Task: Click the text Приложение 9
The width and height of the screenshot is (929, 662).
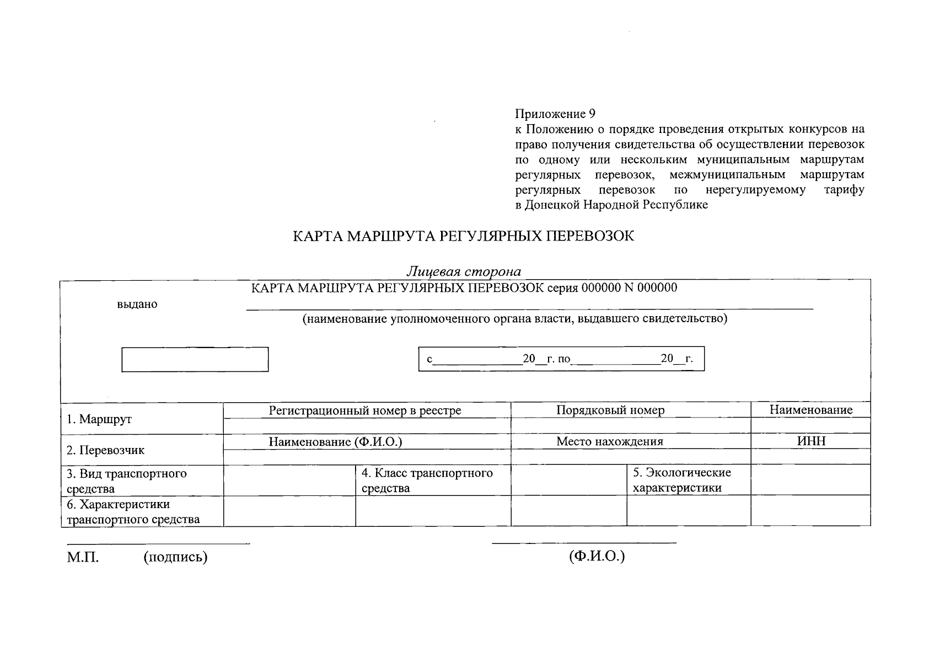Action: [x=555, y=114]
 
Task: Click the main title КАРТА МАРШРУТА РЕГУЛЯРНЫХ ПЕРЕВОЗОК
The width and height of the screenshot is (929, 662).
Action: [x=463, y=236]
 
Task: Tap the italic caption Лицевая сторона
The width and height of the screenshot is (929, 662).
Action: [x=464, y=271]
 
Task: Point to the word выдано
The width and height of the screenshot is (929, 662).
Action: [x=137, y=305]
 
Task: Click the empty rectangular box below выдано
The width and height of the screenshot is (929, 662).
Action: [x=195, y=359]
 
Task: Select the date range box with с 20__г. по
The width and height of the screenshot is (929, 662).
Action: [x=561, y=359]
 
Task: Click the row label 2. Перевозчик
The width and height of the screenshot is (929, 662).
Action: [x=105, y=450]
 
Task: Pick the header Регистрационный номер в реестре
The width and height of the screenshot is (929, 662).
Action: [x=365, y=410]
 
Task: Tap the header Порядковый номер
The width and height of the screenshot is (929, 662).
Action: [x=610, y=410]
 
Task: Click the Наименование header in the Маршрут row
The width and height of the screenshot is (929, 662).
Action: [x=810, y=410]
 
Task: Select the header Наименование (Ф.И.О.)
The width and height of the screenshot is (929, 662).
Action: [x=335, y=441]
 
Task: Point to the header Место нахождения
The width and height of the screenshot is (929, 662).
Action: [x=609, y=441]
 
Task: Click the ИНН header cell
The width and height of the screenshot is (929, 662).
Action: [x=811, y=441]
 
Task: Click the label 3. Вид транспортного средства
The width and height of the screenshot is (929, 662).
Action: [x=126, y=481]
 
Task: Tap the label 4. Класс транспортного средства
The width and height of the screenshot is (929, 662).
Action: [x=427, y=481]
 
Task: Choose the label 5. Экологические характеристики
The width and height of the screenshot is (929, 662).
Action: [x=681, y=480]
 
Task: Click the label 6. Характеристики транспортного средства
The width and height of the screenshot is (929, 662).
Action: [x=132, y=512]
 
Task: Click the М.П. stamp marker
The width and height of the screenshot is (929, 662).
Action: [x=83, y=557]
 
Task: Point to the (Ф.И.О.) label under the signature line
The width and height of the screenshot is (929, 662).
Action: [x=597, y=556]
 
